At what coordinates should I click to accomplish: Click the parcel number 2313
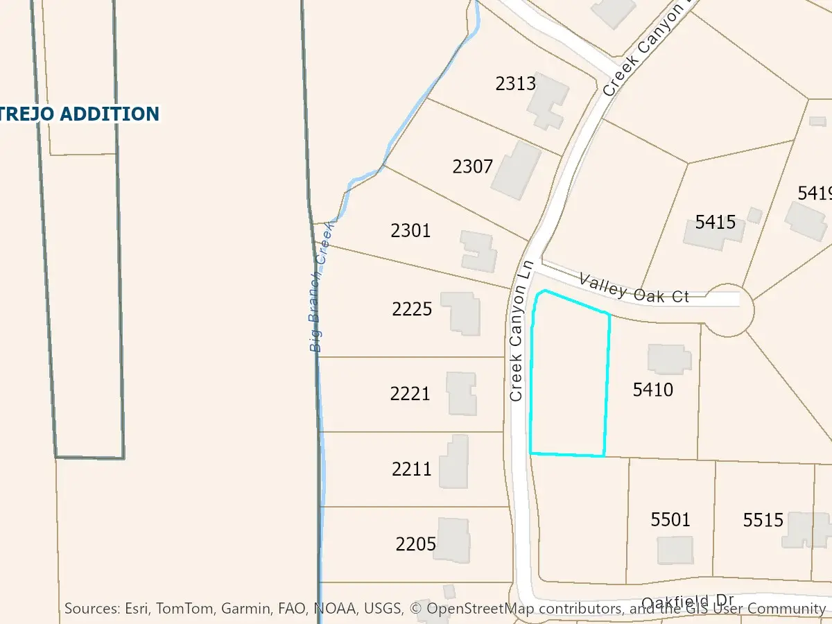point(516,84)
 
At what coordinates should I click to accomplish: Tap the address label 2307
point(473,166)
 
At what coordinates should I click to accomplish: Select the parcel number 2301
point(410,230)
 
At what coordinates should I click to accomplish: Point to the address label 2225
point(412,309)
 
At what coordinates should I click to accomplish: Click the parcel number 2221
point(410,394)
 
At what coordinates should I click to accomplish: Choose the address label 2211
point(412,469)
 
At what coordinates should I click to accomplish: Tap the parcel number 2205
point(416,544)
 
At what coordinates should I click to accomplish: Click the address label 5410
point(653,390)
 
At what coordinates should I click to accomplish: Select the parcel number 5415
point(716,223)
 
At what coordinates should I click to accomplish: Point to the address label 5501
point(670,519)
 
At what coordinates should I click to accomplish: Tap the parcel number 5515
point(763,519)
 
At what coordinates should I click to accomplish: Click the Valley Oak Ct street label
point(634,288)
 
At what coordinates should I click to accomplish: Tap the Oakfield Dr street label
point(687,602)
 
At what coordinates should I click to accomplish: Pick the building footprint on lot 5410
point(669,359)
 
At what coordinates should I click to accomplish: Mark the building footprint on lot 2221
point(461,393)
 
